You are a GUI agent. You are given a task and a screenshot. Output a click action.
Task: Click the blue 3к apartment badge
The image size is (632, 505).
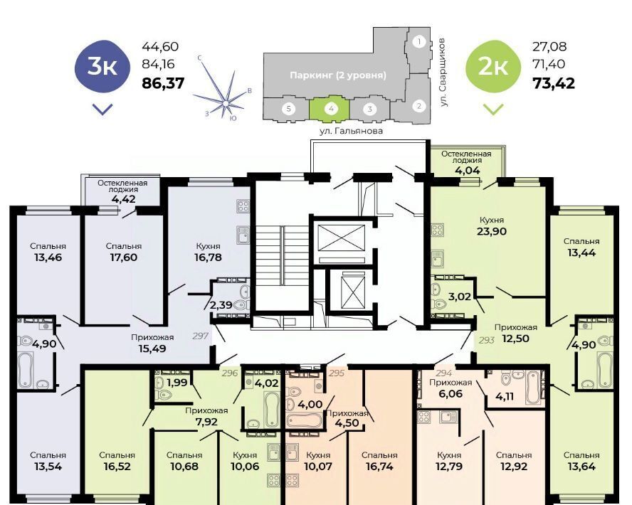(x=102, y=67)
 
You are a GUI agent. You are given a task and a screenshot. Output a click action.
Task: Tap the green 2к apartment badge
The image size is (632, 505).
(x=493, y=67)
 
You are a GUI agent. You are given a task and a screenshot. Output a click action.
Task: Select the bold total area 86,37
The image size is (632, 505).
(x=163, y=83)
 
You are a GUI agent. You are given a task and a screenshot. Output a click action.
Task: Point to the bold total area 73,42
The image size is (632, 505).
(x=554, y=83)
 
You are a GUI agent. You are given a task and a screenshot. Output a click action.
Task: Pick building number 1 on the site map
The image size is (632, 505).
(x=419, y=41)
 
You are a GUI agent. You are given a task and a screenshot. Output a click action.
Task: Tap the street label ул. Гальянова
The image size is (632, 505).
(x=351, y=131)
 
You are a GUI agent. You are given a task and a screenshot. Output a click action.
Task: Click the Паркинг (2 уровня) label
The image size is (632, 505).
(x=338, y=75)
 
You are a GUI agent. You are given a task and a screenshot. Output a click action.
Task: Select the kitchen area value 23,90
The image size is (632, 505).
(x=491, y=231)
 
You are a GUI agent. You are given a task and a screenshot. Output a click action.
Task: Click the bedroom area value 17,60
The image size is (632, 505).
(x=123, y=257)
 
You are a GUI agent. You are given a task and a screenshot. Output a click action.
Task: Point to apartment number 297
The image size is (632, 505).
(x=200, y=336)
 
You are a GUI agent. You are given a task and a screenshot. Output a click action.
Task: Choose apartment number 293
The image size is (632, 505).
(x=487, y=340)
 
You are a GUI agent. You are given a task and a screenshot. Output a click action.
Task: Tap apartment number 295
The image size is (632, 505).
(x=337, y=373)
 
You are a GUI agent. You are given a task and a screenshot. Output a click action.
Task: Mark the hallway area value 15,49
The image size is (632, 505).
(x=152, y=349)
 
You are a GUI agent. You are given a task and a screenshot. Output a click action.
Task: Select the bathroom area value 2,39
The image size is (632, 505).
(x=221, y=305)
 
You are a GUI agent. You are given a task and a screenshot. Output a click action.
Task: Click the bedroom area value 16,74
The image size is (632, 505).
(x=379, y=467)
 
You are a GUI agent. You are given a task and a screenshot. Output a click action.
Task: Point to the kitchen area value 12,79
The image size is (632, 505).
(x=449, y=467)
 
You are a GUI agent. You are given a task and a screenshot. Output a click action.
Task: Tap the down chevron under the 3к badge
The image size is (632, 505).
(x=102, y=109)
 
